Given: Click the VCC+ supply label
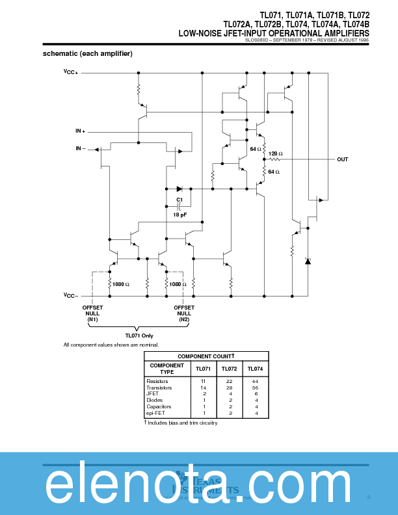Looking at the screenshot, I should pyautogui.click(x=71, y=72).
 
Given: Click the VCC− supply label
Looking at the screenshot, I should pyautogui.click(x=71, y=296).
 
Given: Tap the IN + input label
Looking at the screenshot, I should pyautogui.click(x=80, y=131).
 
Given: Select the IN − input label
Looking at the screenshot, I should pyautogui.click(x=80, y=149).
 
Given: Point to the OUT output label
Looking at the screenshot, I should pyautogui.click(x=342, y=159).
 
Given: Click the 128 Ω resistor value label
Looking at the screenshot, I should pyautogui.click(x=276, y=153).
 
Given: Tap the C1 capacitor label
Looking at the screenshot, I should pyautogui.click(x=179, y=199).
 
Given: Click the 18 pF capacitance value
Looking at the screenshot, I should pyautogui.click(x=180, y=214).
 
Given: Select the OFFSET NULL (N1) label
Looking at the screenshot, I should pyautogui.click(x=93, y=313).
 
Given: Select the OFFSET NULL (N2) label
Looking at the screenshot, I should pyautogui.click(x=184, y=313).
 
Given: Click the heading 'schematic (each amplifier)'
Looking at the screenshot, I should pyautogui.click(x=88, y=53).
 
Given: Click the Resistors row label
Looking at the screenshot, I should pyautogui.click(x=157, y=381).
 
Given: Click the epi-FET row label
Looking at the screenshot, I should pyautogui.click(x=156, y=413).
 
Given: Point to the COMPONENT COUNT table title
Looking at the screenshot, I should pyautogui.click(x=206, y=356).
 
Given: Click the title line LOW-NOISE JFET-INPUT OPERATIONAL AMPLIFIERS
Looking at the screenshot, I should pyautogui.click(x=274, y=33).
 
